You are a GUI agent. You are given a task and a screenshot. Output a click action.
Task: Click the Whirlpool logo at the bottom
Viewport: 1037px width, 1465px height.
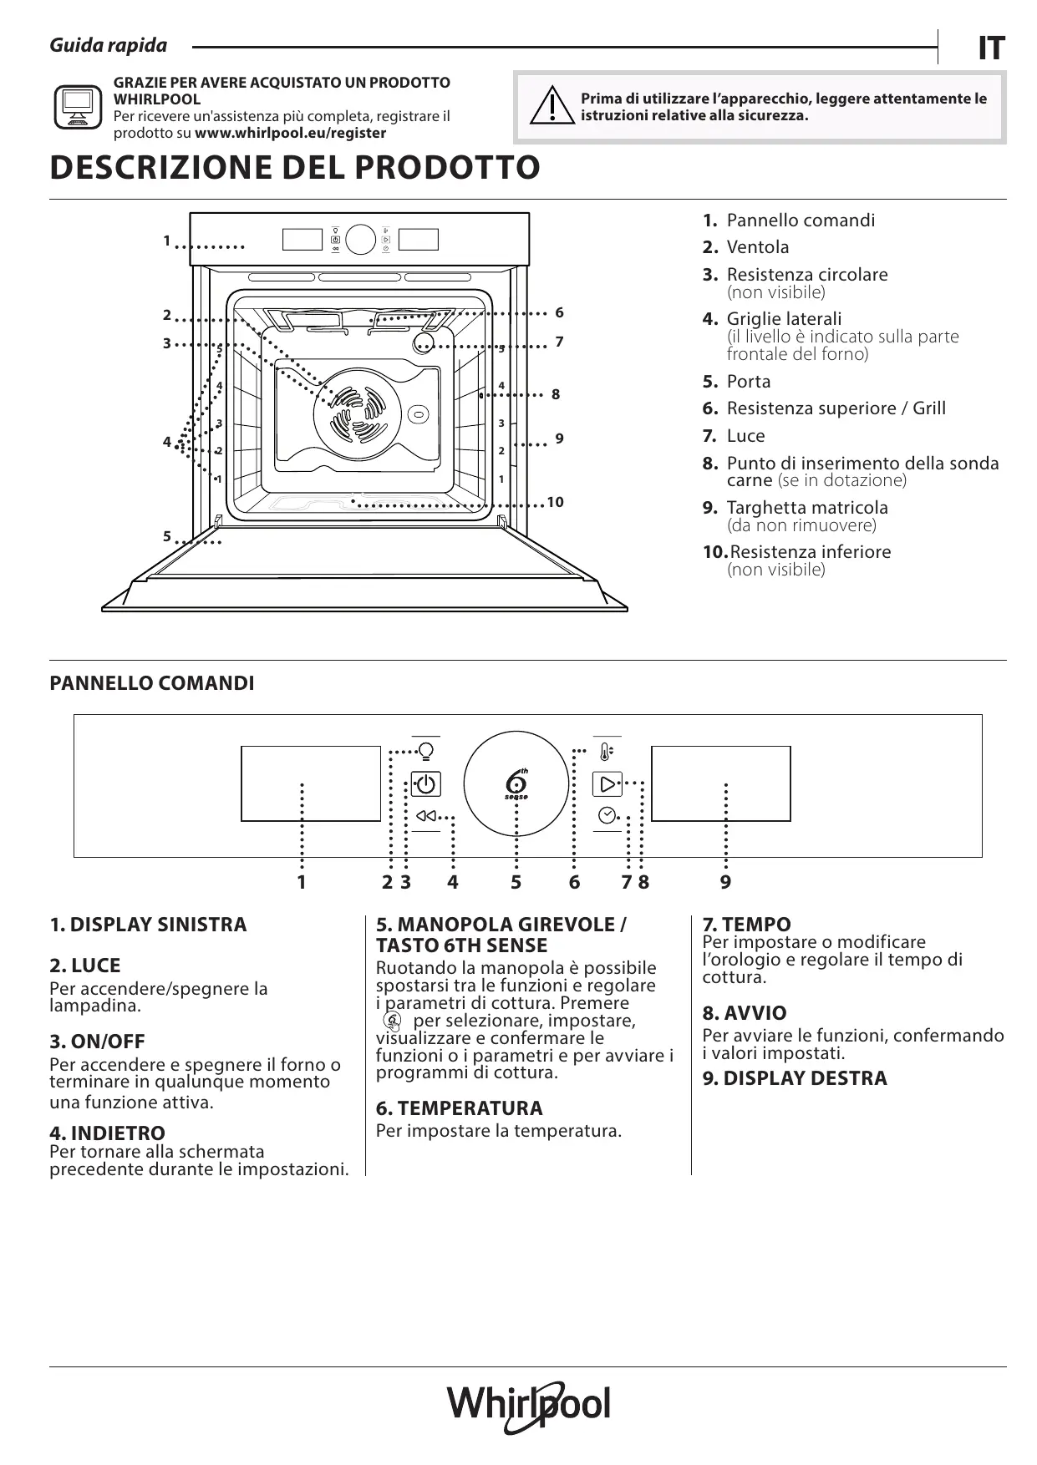pos(529,1406)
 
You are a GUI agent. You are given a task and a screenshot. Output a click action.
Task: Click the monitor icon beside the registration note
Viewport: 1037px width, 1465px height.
pos(78,107)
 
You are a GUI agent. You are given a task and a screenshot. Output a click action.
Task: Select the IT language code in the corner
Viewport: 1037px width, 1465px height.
pos(990,48)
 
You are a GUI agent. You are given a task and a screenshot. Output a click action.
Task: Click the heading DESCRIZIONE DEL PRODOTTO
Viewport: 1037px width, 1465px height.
pos(295,167)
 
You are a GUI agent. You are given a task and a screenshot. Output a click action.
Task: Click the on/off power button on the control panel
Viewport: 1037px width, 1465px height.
pos(425,784)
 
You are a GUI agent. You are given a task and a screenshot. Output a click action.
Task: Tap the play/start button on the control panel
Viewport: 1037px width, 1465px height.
pos(607,783)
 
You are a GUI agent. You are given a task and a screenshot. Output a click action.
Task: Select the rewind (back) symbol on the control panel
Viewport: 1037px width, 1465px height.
pos(425,816)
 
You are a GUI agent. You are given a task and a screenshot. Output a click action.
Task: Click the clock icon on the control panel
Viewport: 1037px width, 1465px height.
pos(607,815)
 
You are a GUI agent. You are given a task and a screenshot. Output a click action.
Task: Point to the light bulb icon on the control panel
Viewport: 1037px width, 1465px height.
pos(426,751)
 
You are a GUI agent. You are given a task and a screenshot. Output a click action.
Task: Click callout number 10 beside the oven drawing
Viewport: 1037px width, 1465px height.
pos(555,502)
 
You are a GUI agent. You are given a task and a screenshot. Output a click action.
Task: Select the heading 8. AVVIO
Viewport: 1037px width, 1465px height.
pos(744,1013)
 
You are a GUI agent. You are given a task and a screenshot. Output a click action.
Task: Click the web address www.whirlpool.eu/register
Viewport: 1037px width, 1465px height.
pos(290,133)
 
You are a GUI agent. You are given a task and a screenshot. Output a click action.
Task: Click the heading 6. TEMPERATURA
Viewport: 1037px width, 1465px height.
pos(459,1108)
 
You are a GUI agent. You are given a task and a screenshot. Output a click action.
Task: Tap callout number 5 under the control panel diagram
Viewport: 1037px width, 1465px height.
pos(516,882)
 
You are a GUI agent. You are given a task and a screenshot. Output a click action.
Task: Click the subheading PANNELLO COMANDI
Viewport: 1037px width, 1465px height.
pos(152,683)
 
